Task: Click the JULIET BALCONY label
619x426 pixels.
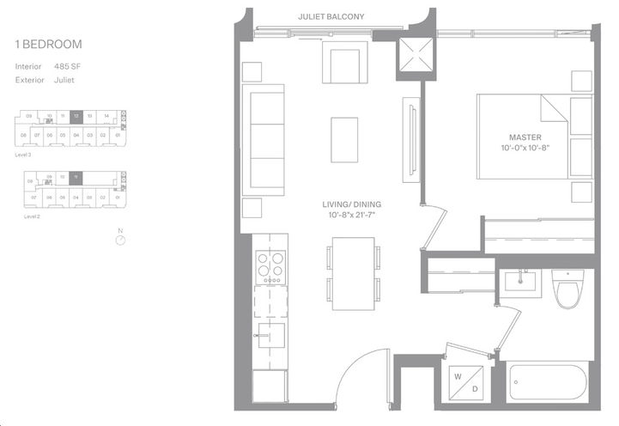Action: coord(331,16)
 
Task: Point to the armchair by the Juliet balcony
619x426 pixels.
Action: coord(343,63)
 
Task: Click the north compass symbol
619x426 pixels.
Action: coord(121,240)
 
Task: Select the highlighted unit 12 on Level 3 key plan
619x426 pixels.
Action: coord(76,116)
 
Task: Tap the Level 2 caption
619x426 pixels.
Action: coord(32,217)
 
